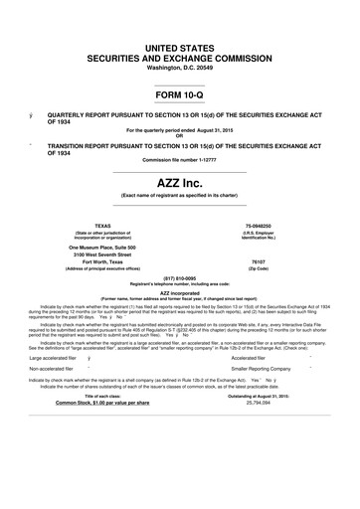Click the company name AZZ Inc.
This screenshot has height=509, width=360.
pos(180,186)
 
